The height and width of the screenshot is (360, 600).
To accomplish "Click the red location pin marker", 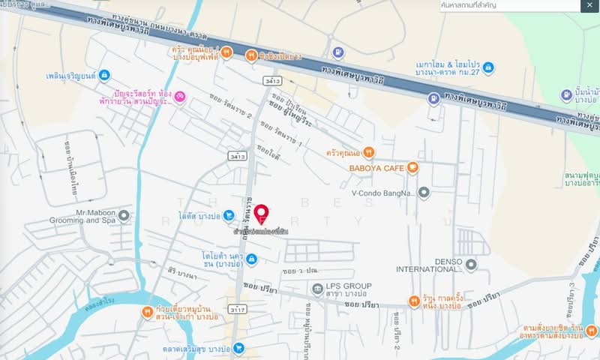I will coord(261,214).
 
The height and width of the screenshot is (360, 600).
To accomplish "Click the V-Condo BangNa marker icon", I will coord(424,192).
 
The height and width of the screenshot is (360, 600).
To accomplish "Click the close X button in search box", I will coord(590,5).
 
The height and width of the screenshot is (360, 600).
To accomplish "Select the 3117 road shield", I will coord(238,308).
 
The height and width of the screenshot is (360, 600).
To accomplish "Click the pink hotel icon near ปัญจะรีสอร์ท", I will coord(179,96).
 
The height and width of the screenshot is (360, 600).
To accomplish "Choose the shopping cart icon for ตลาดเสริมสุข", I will coord(238,348).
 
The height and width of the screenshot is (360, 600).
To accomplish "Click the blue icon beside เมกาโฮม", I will coord(489,67).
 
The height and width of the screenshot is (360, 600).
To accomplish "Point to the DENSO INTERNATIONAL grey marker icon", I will coord(471,264).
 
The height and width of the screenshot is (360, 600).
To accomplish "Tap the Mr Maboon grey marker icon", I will coord(124,216).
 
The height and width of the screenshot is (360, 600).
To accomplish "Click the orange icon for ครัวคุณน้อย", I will coord(227,52).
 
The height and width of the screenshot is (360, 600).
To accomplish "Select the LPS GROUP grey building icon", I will coord(317,289).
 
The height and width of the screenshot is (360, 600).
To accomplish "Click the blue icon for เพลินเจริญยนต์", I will coord(103,75).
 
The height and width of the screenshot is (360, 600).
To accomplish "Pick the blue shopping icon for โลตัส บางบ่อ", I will coord(228,216).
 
